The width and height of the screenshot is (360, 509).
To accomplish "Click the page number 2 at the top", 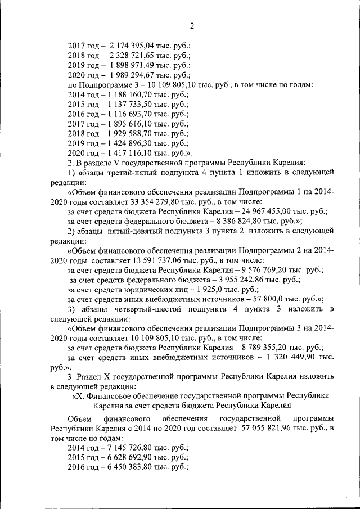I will (191, 26).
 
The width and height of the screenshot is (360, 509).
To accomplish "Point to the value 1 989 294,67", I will (132, 75).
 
